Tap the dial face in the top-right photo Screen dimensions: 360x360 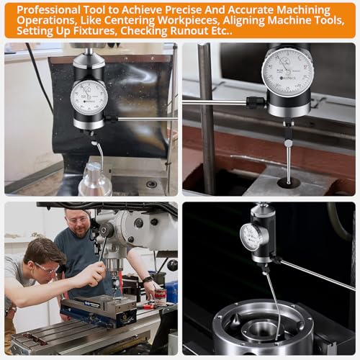pos(287,71)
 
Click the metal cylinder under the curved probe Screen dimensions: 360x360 pos(95,180)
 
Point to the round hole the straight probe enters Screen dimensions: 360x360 pos(288,183)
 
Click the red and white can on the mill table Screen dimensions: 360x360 pos(160,295)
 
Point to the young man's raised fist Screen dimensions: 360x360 pos(94,273)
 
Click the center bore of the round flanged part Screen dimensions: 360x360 pos(257,331)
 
